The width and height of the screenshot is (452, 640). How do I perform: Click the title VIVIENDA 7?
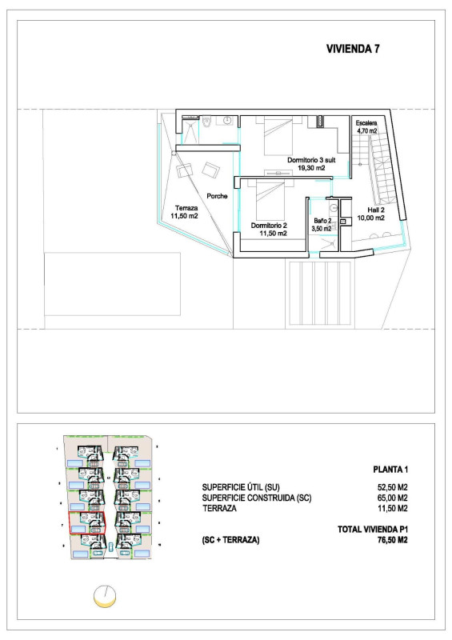click(353, 48)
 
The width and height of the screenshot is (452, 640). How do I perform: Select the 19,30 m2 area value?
click(311, 169)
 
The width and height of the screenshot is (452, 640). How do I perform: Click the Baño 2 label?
click(322, 220)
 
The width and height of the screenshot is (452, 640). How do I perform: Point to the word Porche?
click(217, 196)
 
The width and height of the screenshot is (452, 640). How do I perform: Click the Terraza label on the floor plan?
click(186, 208)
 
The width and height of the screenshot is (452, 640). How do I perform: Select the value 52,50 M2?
click(394, 486)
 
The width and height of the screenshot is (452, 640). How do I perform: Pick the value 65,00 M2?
click(394, 497)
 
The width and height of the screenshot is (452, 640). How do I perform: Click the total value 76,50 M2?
click(394, 540)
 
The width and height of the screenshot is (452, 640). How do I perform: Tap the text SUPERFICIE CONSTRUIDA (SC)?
click(257, 497)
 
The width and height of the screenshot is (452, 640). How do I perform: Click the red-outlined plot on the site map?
click(87, 526)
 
